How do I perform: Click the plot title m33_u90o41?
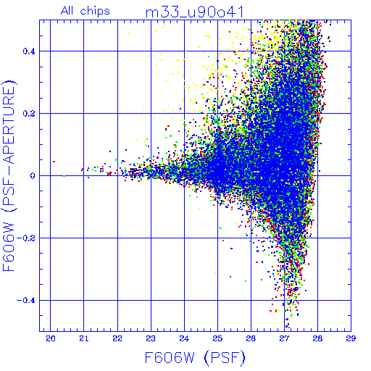point(195,12)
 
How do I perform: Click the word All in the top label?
point(68,11)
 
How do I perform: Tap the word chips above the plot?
point(95,12)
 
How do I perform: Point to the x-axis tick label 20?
point(51,338)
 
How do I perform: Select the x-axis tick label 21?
point(84,338)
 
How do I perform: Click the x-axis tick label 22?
point(117,338)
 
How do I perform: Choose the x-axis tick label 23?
point(151,338)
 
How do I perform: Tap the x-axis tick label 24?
point(184,338)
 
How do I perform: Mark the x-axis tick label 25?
point(217,338)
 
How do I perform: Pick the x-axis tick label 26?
point(251,338)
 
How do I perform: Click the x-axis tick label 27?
point(284,338)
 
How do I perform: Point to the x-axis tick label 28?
point(317,338)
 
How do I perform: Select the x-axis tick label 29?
point(351,338)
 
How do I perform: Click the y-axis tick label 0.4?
point(29,51)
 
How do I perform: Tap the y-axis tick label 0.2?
point(29,114)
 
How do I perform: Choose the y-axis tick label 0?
point(33,176)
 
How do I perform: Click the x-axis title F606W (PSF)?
point(195,358)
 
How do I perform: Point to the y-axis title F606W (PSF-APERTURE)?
point(9,175)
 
